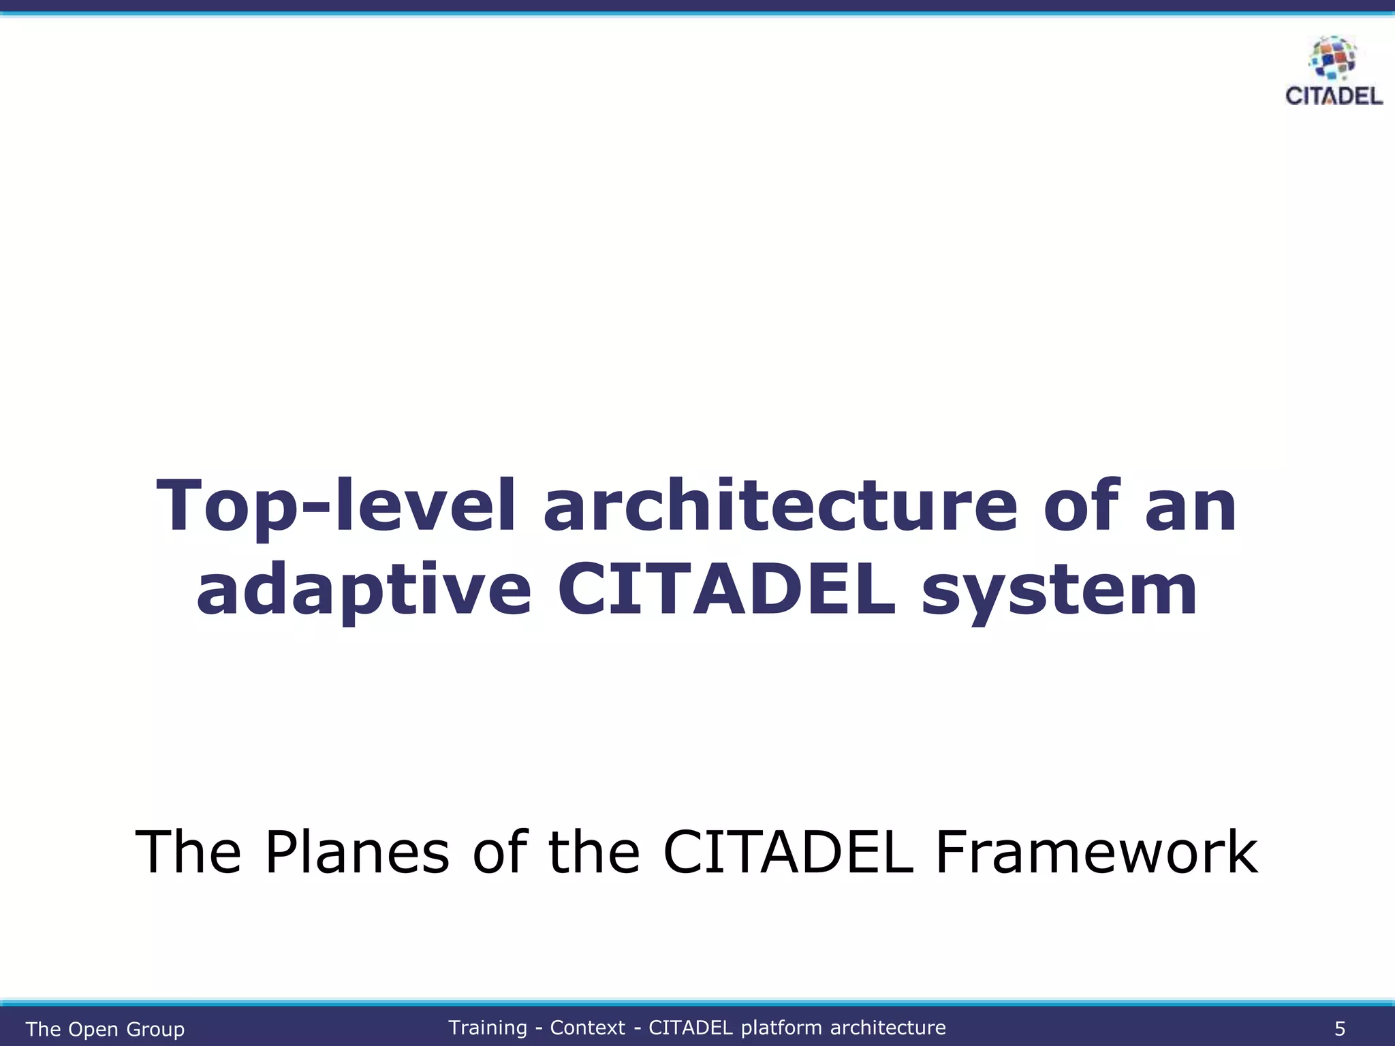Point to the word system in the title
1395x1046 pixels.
[1059, 591]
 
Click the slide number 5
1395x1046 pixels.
[1339, 1028]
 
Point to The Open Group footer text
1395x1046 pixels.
[105, 1029]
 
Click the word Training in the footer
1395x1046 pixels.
[488, 1028]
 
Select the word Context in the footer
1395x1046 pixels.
[587, 1028]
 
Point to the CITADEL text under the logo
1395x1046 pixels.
[1334, 96]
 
